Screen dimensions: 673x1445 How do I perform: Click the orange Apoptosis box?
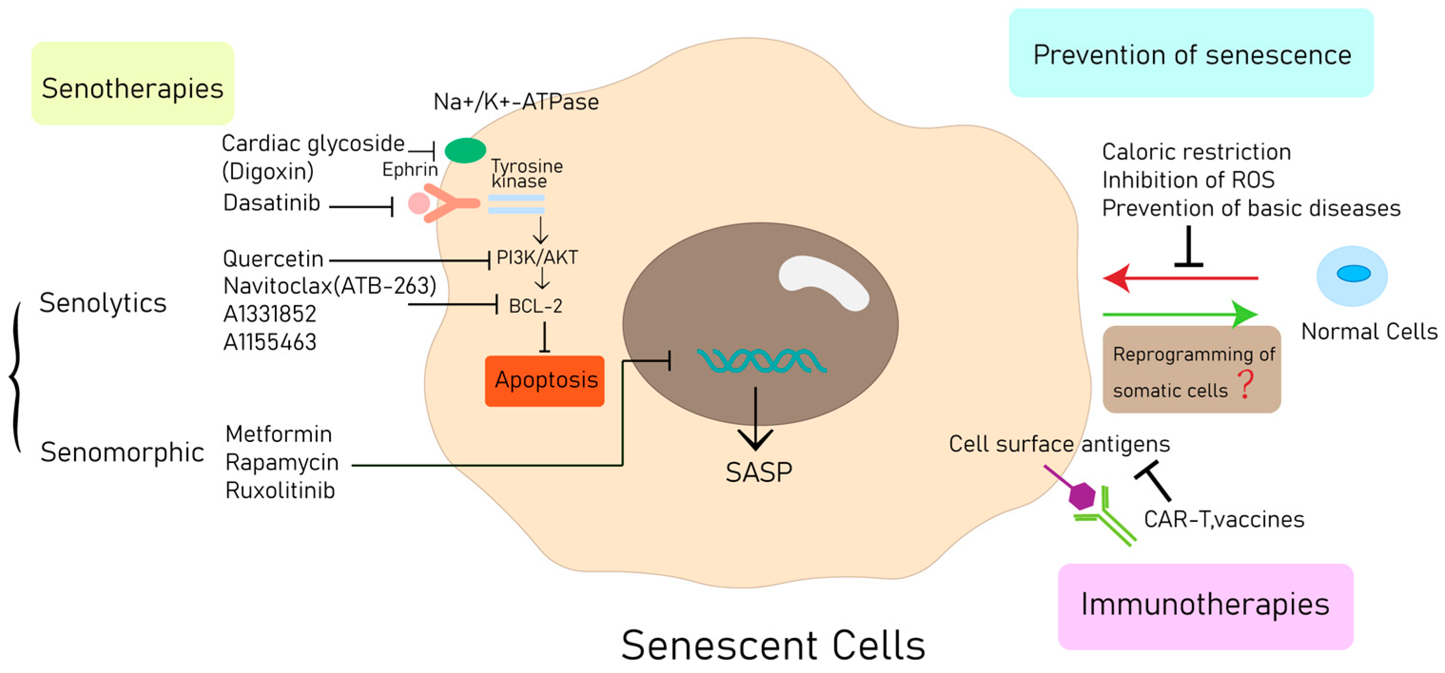[544, 381]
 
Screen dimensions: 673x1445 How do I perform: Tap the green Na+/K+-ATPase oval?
[465, 150]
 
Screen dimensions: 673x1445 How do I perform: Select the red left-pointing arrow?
[1178, 278]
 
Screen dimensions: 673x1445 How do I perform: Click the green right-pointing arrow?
[1178, 314]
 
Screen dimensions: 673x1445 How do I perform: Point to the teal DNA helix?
[761, 361]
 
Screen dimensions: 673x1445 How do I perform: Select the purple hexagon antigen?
[1082, 495]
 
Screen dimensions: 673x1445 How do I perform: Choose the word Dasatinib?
[272, 203]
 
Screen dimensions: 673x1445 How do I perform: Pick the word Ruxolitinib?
[280, 490]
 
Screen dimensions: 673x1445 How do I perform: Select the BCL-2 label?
[535, 306]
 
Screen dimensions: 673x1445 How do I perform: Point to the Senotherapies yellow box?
[132, 84]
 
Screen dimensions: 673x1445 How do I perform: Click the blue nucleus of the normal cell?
[1353, 274]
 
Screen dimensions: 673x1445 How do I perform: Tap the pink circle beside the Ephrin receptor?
[418, 203]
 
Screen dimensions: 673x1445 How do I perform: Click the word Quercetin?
[273, 259]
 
